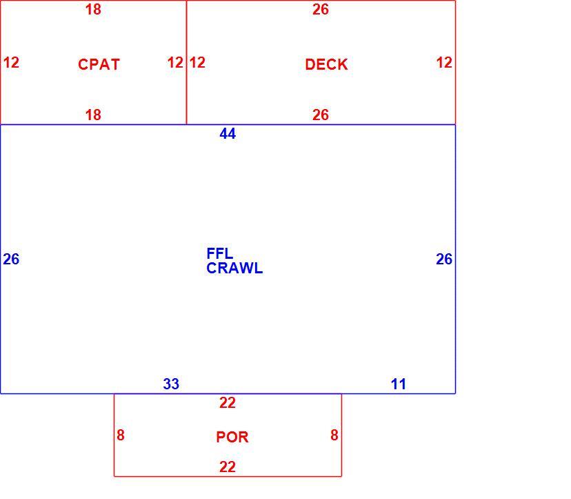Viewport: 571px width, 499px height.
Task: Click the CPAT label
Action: (x=99, y=64)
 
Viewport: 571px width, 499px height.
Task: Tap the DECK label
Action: (x=326, y=64)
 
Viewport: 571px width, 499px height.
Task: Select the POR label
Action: (x=232, y=437)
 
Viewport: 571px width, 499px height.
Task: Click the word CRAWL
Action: (x=234, y=268)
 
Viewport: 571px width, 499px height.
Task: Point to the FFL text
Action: (x=219, y=253)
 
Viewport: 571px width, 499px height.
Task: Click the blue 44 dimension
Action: (x=228, y=134)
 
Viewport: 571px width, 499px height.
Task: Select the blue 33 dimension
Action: (x=171, y=384)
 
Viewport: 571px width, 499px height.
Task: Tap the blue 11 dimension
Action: (x=399, y=384)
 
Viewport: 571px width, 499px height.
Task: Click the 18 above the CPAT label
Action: (x=93, y=10)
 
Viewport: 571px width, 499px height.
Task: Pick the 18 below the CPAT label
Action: (x=93, y=115)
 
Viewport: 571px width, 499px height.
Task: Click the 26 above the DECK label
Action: (x=321, y=10)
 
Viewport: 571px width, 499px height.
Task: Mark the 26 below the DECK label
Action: (x=321, y=115)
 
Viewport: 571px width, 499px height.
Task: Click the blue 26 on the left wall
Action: (x=11, y=259)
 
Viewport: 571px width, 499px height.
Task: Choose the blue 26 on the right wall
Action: (x=444, y=259)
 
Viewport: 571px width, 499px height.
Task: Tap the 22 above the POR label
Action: (x=228, y=403)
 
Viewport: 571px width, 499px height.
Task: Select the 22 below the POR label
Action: (x=228, y=467)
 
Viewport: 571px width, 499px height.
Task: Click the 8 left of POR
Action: (x=121, y=435)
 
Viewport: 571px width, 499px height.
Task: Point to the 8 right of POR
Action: (x=334, y=435)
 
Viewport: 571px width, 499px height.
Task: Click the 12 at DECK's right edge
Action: (x=444, y=62)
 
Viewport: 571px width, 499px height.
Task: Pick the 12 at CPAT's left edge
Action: (x=11, y=62)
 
